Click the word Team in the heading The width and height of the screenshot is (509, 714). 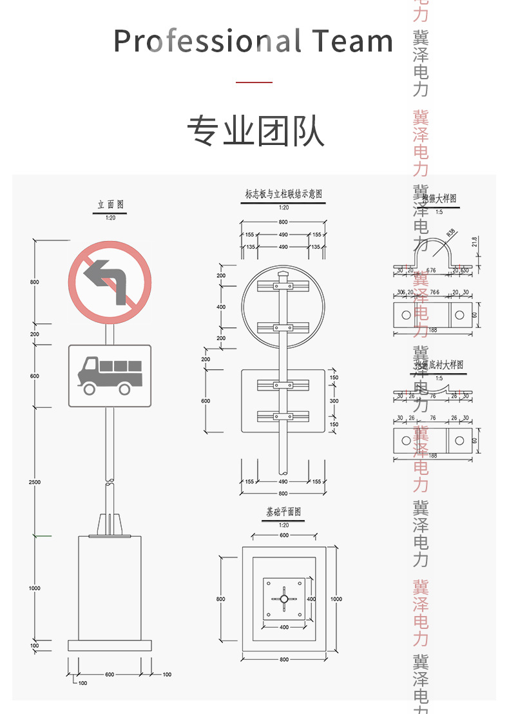353,41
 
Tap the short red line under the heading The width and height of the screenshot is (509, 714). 254,82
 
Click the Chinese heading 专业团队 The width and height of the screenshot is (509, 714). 255,131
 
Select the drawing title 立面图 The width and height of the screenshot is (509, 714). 110,204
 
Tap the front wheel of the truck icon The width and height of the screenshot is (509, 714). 89,388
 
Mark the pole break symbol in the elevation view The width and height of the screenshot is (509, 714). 110,481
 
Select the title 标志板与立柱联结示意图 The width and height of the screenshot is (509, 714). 283,194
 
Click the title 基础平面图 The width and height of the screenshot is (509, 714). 283,512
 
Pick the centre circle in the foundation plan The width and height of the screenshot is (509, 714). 283,599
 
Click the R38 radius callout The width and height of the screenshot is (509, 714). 450,232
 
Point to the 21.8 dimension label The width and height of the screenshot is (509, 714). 475,242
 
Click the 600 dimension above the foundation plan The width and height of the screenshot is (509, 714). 283,535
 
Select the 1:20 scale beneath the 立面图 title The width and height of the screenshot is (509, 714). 110,218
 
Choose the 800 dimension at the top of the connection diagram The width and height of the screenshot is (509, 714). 283,222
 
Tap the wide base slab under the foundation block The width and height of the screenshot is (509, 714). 110,645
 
